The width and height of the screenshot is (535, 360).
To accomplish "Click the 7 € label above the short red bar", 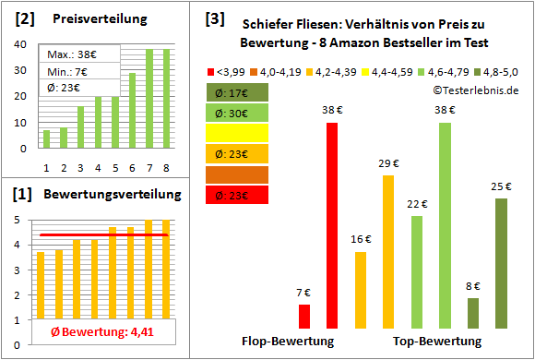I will coord(304,294).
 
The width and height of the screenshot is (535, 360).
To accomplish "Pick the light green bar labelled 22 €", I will coord(417,272).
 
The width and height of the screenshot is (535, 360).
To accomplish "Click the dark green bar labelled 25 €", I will coord(501,263).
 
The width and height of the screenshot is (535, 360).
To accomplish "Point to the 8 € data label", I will coord(473,286).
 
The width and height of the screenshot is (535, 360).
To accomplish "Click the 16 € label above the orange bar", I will coord(360,240).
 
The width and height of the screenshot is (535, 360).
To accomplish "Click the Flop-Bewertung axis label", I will coord(288,342).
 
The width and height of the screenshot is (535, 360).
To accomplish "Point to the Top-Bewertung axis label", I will coord(437,342).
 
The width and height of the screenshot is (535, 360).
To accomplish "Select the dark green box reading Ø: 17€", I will coord(238,92).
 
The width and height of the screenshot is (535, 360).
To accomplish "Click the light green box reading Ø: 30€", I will coord(238,113).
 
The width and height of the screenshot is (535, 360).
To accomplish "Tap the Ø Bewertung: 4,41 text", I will coord(98,333).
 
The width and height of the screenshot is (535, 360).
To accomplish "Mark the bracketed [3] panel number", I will coord(214,18).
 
